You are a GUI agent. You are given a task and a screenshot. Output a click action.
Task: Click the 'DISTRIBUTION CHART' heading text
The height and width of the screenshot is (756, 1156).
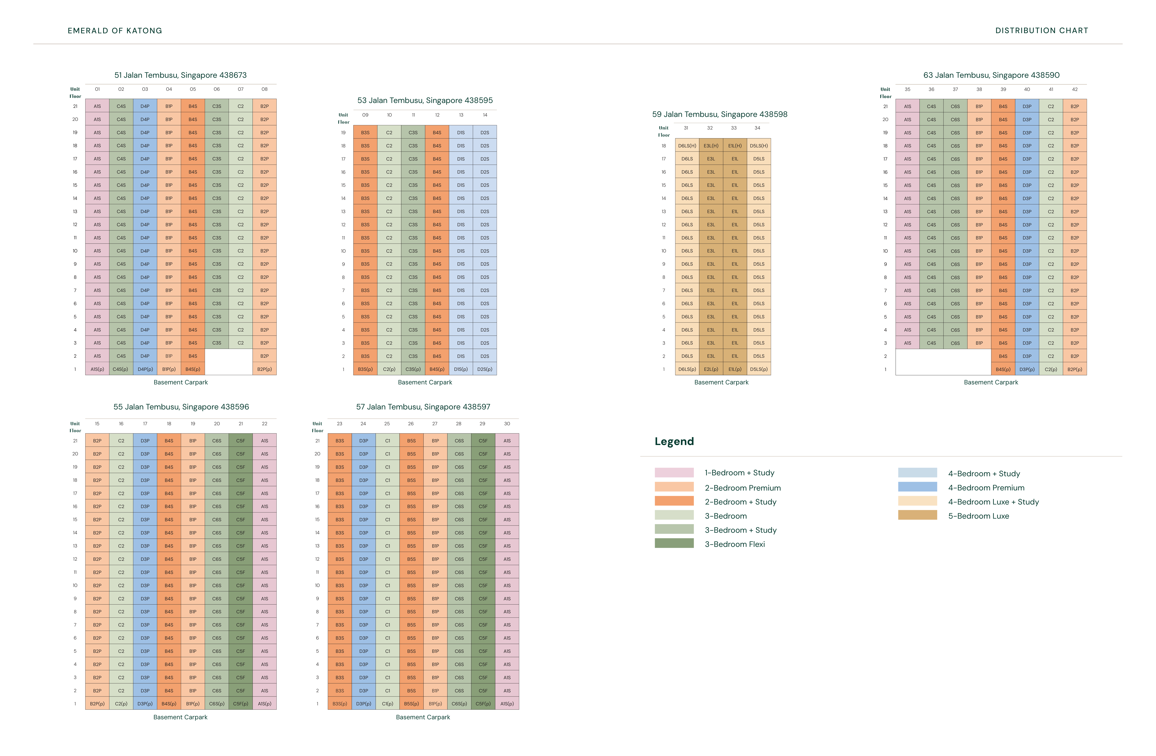[1041, 31]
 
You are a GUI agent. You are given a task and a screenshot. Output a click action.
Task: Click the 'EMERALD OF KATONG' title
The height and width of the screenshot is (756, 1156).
[115, 31]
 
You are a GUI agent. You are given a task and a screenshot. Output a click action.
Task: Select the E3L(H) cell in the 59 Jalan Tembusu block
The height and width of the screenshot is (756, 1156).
[711, 146]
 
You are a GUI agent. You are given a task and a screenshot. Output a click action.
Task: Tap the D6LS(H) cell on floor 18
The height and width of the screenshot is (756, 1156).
[687, 146]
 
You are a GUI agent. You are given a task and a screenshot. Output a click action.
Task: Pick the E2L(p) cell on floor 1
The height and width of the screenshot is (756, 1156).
[711, 369]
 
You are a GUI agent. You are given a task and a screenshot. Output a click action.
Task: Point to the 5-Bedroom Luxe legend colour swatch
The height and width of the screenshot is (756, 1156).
[917, 515]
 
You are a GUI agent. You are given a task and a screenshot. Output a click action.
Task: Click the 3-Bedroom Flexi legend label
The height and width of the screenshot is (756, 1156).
[734, 544]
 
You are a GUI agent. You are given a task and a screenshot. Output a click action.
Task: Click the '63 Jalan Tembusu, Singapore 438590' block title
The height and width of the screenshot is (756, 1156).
[991, 75]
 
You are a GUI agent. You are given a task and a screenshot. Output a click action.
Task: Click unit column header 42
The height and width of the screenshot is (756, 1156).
[1074, 89]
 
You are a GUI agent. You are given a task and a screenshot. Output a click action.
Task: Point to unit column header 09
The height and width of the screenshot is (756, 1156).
[365, 115]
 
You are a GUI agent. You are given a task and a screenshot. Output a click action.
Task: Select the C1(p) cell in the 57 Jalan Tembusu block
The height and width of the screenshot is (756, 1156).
[387, 703]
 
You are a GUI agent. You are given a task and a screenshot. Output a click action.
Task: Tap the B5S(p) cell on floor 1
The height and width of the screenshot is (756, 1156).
[411, 703]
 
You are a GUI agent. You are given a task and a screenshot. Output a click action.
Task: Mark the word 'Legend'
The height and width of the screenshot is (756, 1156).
[674, 441]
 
